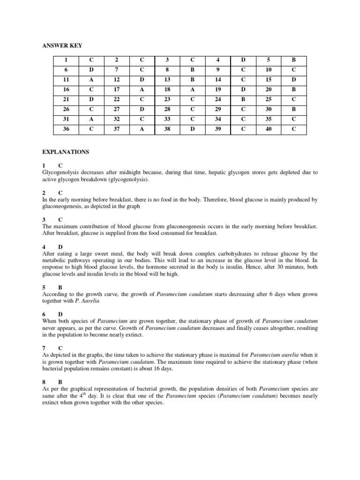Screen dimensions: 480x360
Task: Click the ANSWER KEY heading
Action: tap(62, 45)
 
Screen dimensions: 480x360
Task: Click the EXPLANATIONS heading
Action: tap(66, 152)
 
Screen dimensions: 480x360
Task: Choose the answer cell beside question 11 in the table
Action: tap(91, 80)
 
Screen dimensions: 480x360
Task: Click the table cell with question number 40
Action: tap(269, 129)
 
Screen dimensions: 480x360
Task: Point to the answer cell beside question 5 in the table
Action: tap(293, 60)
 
